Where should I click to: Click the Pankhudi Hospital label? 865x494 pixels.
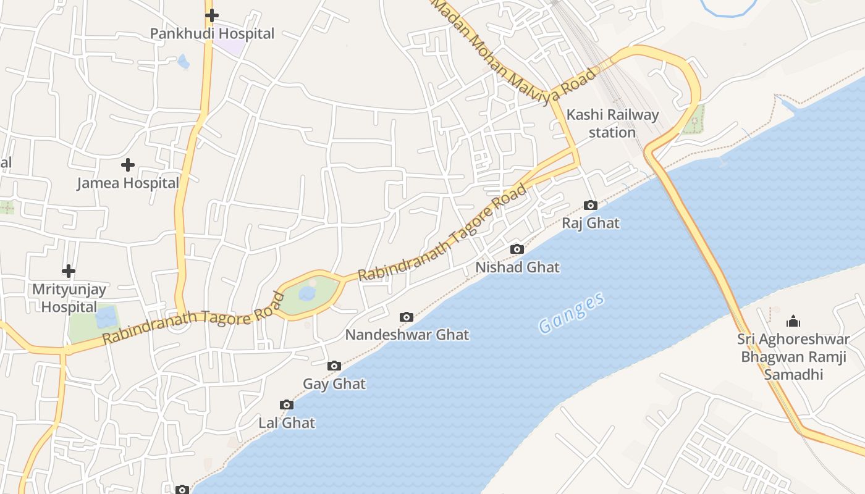click(x=212, y=33)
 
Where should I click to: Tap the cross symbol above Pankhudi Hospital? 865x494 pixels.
click(x=212, y=15)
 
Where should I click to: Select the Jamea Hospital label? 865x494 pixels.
click(x=128, y=183)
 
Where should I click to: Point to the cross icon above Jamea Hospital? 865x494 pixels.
click(x=128, y=165)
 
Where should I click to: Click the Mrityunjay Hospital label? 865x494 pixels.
click(x=69, y=298)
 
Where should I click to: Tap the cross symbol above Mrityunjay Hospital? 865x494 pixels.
click(x=69, y=271)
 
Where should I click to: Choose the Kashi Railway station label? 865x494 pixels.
click(x=612, y=124)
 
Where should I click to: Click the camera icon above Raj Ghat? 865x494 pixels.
click(x=591, y=205)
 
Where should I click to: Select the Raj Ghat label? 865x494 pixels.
click(x=591, y=223)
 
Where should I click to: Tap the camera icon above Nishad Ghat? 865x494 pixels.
click(x=517, y=249)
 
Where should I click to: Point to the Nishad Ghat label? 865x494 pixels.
click(x=517, y=267)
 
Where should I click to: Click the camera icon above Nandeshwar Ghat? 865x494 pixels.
click(x=407, y=317)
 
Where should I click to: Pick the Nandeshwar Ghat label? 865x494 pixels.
click(x=407, y=335)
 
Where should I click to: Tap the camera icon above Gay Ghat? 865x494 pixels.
click(x=334, y=366)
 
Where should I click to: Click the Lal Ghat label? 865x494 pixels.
click(x=287, y=423)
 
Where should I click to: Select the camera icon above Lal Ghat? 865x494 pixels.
click(x=287, y=405)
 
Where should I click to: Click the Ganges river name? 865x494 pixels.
click(x=571, y=314)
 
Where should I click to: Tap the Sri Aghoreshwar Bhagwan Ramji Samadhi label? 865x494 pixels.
click(x=793, y=356)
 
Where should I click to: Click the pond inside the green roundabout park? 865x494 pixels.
click(x=307, y=293)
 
